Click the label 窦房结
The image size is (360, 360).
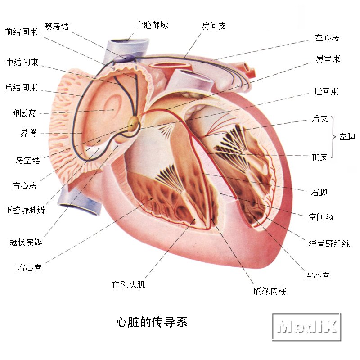click(x=57, y=26)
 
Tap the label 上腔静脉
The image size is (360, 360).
click(x=152, y=25)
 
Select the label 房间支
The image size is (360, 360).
click(x=214, y=26)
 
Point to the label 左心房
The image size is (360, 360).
click(x=327, y=37)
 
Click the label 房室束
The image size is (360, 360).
click(x=328, y=59)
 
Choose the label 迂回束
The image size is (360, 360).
click(x=326, y=92)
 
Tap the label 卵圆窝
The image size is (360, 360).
click(x=24, y=113)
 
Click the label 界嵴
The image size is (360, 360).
click(x=28, y=133)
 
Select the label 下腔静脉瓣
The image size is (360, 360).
click(x=25, y=210)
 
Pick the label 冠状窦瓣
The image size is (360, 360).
click(x=26, y=242)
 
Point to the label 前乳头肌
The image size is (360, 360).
click(x=129, y=284)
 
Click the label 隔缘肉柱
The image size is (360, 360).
click(x=270, y=291)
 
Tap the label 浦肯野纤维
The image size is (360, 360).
click(x=329, y=243)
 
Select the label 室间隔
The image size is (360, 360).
click(x=321, y=217)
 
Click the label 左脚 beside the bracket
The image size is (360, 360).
click(x=347, y=137)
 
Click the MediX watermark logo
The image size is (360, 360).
click(x=307, y=327)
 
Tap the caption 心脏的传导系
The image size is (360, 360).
click(x=152, y=322)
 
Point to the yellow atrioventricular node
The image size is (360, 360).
click(x=133, y=124)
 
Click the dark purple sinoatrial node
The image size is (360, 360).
click(x=125, y=58)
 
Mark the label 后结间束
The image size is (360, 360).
click(x=21, y=87)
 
